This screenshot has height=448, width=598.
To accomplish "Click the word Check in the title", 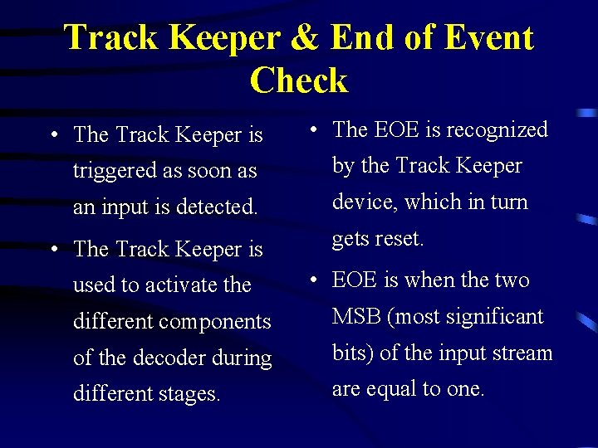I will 298,80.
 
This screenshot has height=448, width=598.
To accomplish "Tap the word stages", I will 189,393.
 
